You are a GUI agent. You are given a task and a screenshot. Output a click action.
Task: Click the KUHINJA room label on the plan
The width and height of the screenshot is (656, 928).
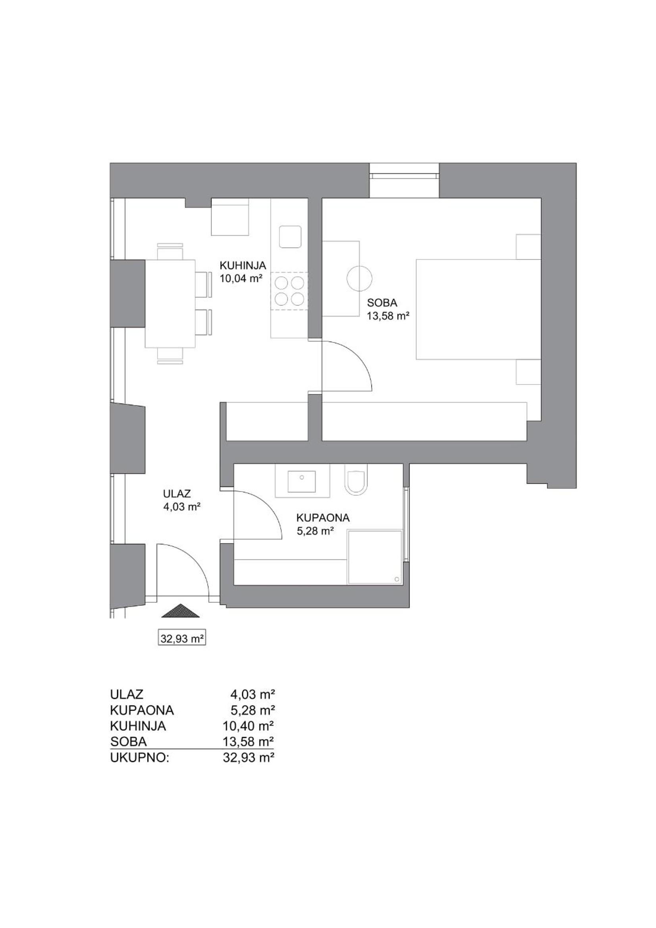tap(242, 265)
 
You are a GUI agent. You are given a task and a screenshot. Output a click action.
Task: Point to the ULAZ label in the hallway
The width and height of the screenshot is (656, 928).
tap(177, 493)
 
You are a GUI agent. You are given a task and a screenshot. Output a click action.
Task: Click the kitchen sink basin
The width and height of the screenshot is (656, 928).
tap(290, 237)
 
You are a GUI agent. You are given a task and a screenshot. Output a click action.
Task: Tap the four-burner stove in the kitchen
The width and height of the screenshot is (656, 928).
tap(289, 290)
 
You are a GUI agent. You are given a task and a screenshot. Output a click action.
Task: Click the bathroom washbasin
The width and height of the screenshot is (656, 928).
tap(302, 480)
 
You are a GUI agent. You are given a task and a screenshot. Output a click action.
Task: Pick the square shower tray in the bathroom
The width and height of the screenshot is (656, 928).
tap(375, 557)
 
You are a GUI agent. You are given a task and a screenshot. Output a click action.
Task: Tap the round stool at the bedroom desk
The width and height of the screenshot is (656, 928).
tap(359, 279)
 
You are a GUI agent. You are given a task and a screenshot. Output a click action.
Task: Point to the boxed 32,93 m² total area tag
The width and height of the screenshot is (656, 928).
tap(181, 638)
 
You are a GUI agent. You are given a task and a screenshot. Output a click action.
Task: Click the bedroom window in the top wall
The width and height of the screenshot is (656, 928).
tap(404, 175)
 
